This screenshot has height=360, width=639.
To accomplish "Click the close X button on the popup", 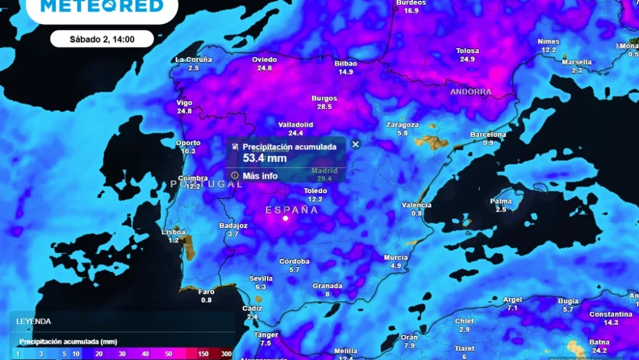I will [356, 145].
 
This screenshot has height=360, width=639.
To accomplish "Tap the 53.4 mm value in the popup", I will [265, 158].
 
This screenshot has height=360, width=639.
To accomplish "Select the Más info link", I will [259, 175].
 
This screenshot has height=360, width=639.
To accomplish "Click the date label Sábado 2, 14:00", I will [102, 39].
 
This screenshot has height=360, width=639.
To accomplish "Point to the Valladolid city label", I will [295, 125].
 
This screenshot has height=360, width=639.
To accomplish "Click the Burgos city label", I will [324, 98].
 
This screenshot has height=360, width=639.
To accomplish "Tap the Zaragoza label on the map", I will [403, 125].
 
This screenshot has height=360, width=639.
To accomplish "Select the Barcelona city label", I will [488, 135].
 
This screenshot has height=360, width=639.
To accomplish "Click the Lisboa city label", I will [174, 232].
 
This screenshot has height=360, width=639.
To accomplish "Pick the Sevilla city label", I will [261, 279].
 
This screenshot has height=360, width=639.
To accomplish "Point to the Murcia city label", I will [396, 258].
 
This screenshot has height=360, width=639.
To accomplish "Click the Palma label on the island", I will [501, 201].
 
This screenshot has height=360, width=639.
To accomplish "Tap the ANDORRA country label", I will [471, 92].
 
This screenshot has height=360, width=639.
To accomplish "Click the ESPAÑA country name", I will [291, 210].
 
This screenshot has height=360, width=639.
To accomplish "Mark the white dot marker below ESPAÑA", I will [286, 219].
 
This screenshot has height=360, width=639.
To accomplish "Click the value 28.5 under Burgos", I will [324, 107].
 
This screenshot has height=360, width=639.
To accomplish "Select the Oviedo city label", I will [265, 60].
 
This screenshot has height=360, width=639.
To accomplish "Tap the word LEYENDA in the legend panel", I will [34, 322].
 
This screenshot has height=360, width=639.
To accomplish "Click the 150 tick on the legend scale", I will [203, 354].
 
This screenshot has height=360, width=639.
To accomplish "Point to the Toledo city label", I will [315, 191].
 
